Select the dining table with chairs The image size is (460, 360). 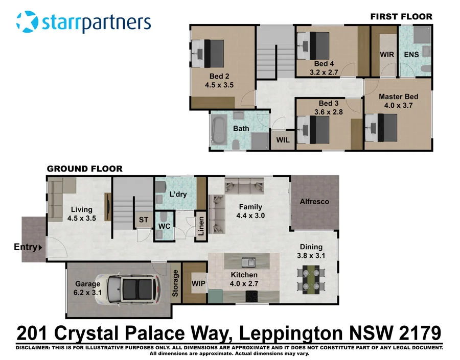pos(311,279)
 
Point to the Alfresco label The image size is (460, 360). pos(314,201)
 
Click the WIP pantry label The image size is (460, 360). pos(198,282)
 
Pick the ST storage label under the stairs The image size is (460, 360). pos(143,220)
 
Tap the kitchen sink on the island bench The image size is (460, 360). pos(249,262)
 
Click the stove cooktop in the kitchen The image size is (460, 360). pos(252,296)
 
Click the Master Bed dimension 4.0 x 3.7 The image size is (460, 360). pos(398,106)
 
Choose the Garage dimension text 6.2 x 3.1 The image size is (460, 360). pos(88,293)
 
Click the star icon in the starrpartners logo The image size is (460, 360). pos(27,22)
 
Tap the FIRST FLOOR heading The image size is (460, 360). pos(401,16)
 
